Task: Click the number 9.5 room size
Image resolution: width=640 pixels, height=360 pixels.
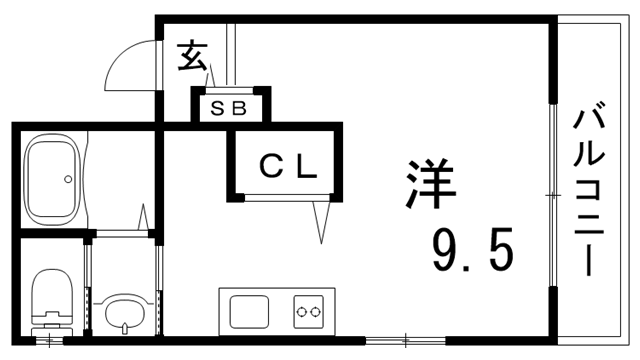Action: click(473, 250)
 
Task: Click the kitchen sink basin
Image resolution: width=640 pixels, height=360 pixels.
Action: click(248, 311)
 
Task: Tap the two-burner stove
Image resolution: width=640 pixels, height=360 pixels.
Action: click(307, 312)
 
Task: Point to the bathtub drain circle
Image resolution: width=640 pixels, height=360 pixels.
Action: click(67, 180)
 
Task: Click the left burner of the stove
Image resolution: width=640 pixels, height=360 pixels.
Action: click(300, 312)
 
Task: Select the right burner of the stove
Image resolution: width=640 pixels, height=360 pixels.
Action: click(315, 312)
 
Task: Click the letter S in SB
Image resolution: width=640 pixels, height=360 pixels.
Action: click(217, 107)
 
